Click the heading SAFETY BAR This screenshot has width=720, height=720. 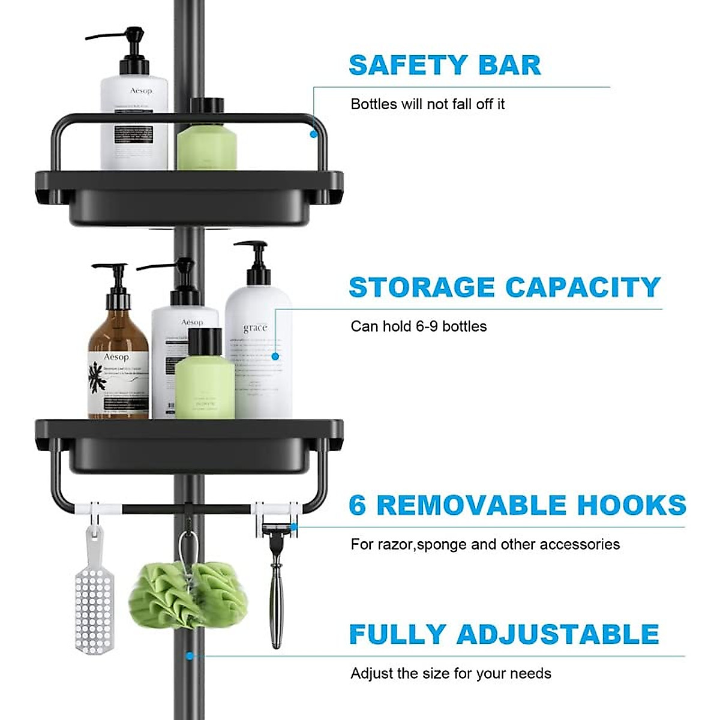click(445, 65)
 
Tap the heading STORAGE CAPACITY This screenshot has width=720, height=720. click(505, 287)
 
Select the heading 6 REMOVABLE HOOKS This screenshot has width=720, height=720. click(517, 505)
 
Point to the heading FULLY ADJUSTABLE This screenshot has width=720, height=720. click(504, 634)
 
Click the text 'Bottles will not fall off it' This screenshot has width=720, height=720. click(427, 104)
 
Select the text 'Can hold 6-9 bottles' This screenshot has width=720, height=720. click(418, 326)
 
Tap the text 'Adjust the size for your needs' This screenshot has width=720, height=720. click(451, 673)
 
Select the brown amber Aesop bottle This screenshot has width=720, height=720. click(118, 366)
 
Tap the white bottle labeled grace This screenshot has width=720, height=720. click(258, 354)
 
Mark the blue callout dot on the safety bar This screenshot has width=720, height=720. click(313, 134)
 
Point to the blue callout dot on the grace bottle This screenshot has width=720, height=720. click(275, 356)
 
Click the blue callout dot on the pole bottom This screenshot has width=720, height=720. click(190, 656)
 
